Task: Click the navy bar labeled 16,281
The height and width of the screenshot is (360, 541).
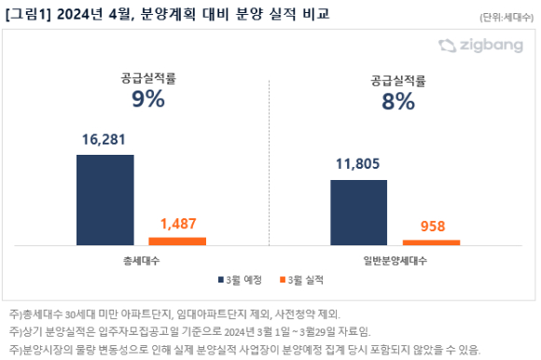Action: coord(105,200)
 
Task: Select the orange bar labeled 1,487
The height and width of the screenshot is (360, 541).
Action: coord(177,242)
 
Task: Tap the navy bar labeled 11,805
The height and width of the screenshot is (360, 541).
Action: coord(359,213)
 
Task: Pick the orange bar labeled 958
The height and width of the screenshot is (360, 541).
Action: coord(431,242)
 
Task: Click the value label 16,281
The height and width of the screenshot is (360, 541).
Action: coord(104,140)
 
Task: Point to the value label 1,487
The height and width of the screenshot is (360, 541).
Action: coord(178,224)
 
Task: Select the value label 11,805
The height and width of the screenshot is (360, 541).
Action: coord(358,164)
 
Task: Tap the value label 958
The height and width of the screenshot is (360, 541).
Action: coord(433,227)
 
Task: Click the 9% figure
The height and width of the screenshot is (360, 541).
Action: coord(148,99)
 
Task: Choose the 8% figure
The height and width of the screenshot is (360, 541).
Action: coord(398,102)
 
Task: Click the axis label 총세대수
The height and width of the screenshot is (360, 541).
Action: coord(142,261)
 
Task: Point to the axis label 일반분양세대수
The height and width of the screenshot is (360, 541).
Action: coord(395,261)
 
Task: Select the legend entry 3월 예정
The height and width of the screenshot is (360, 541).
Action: coord(240,280)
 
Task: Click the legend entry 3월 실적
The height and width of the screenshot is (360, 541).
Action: coord(301,280)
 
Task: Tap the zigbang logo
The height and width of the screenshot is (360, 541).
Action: coord(481,46)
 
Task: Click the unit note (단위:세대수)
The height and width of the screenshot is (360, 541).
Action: coord(506,17)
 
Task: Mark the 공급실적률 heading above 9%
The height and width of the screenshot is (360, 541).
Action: coord(148,78)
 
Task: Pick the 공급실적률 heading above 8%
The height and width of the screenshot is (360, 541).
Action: coord(398,81)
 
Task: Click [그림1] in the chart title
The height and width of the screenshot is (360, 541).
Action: coord(28,14)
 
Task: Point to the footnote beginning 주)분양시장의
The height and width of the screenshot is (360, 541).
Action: coord(244,350)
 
